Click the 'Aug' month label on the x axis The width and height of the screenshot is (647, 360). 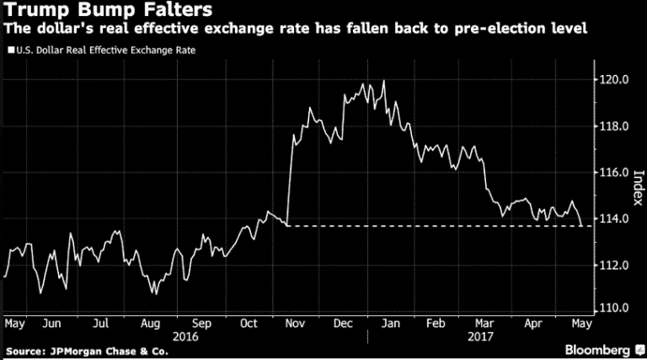(152, 323)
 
